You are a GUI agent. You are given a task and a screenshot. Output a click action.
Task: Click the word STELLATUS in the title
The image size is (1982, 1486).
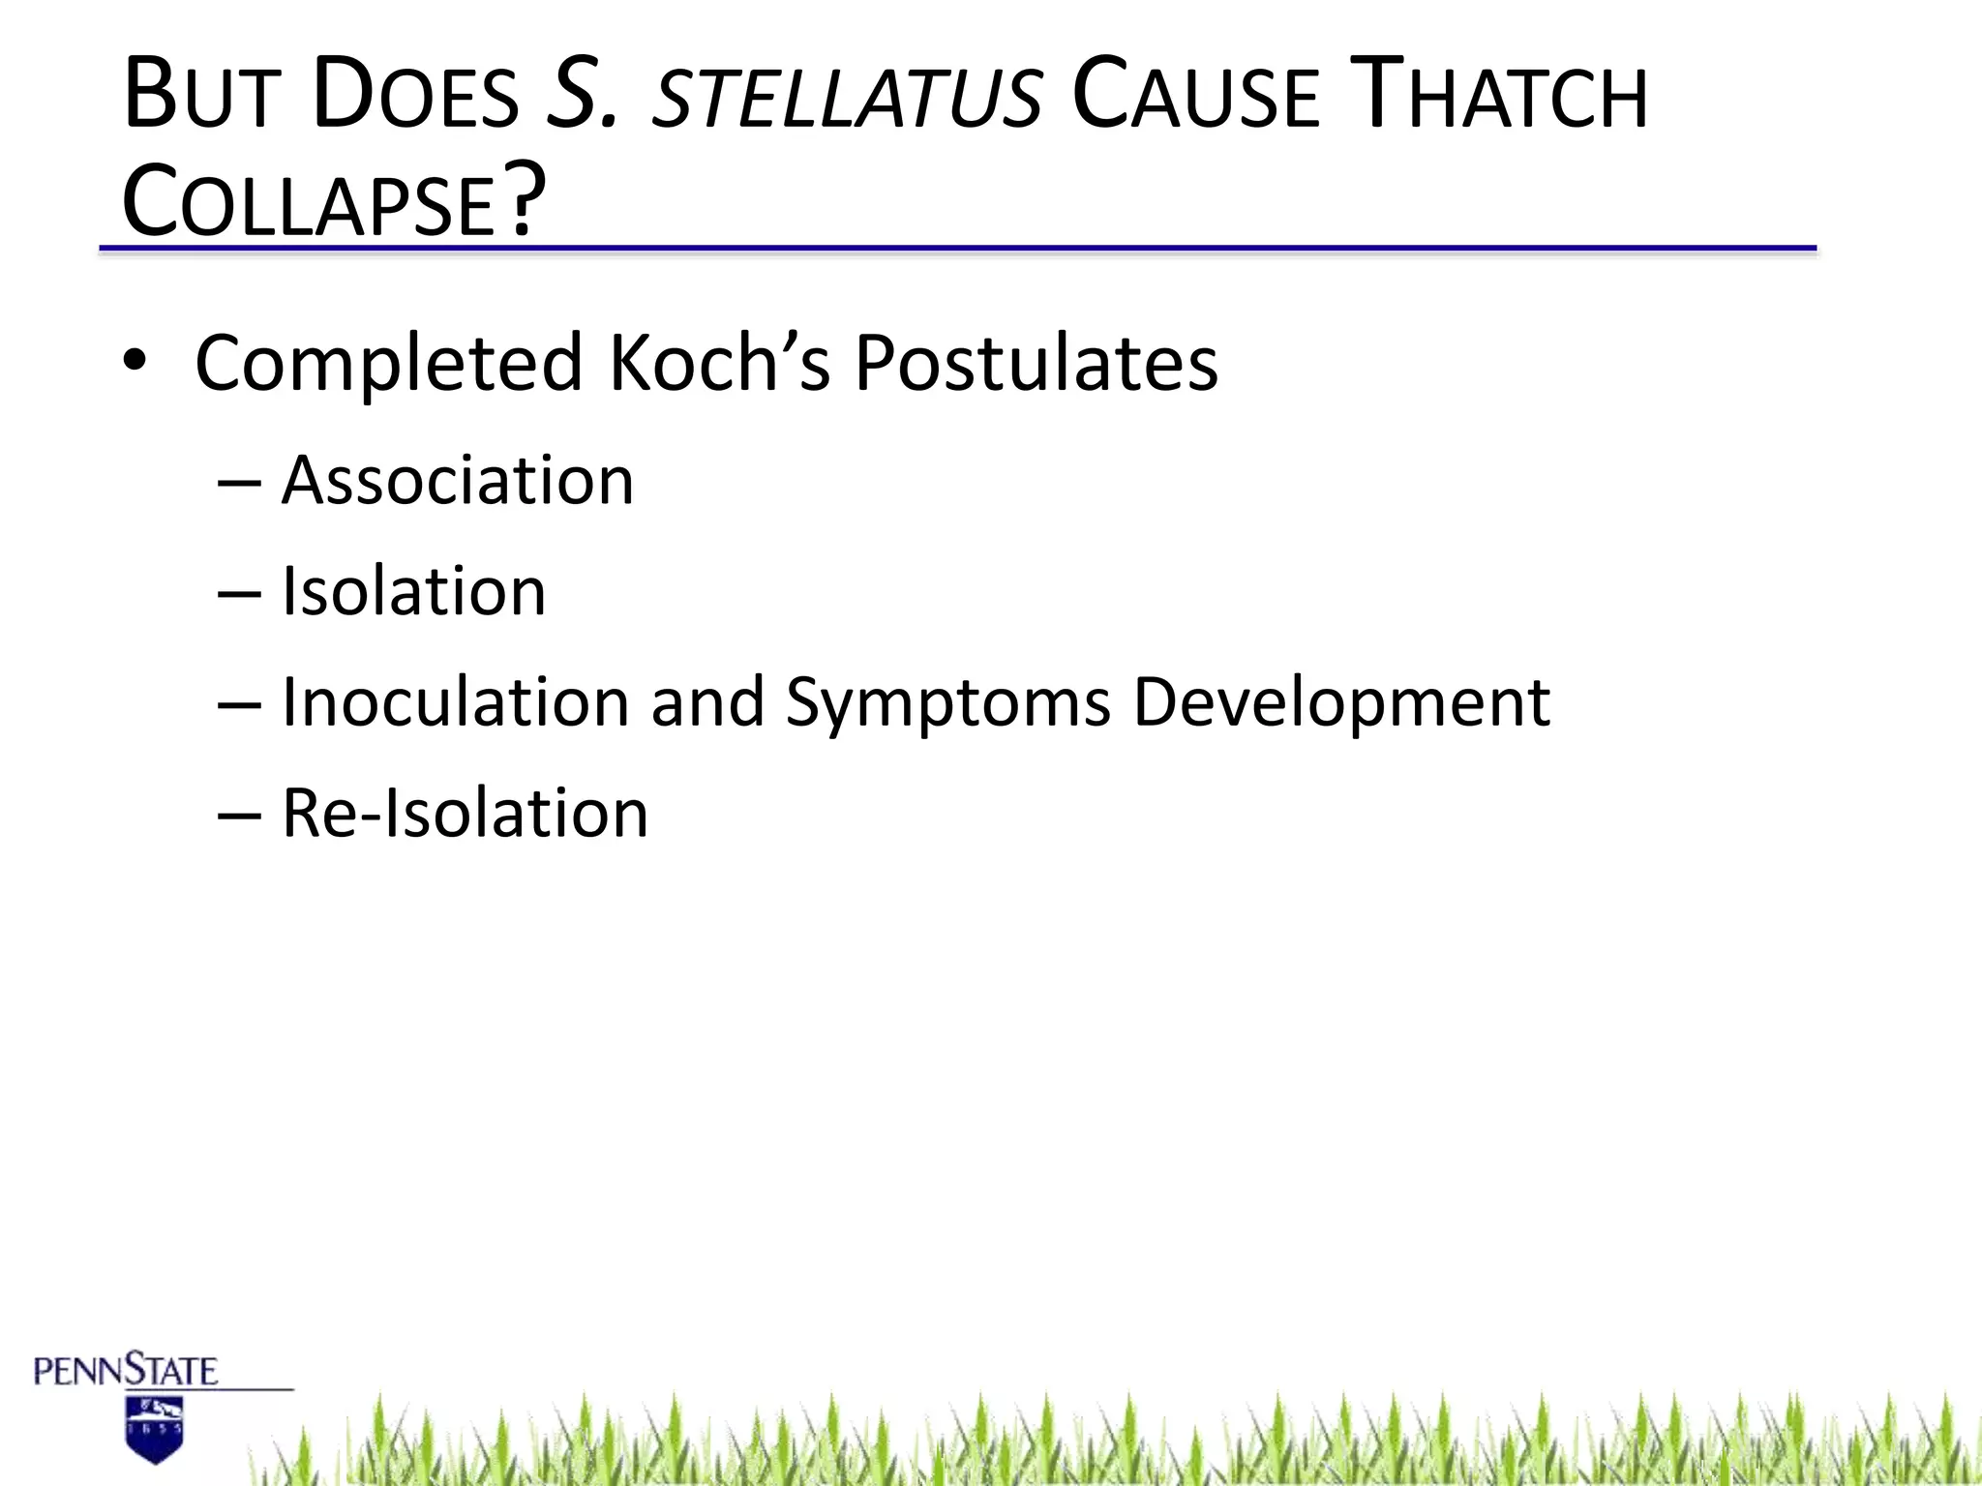click(x=848, y=97)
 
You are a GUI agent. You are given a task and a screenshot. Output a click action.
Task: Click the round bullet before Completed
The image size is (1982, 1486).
click(x=135, y=362)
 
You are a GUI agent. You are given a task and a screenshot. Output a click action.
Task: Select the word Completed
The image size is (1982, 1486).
click(x=388, y=364)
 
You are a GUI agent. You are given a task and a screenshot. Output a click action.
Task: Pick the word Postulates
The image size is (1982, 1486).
click(x=1036, y=362)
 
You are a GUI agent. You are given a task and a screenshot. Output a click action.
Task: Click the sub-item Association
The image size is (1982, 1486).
click(x=457, y=481)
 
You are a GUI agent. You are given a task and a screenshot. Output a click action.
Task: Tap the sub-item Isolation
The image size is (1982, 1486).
click(x=413, y=591)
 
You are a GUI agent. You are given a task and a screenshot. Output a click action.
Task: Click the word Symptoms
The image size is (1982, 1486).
click(x=947, y=704)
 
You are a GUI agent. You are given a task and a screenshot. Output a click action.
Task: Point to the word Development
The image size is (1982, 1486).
click(x=1340, y=704)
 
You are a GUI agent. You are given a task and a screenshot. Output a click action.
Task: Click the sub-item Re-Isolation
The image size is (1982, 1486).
click(x=465, y=813)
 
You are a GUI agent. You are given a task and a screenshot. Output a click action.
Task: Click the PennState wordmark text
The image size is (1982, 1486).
click(x=126, y=1371)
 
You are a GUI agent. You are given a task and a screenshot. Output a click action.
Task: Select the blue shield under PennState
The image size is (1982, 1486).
click(x=155, y=1429)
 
